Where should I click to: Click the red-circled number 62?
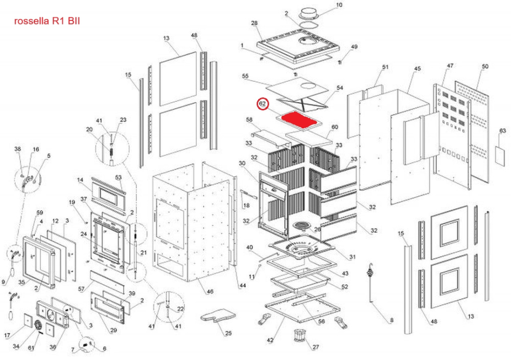click(x=262, y=104)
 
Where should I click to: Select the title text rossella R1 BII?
click(x=47, y=21)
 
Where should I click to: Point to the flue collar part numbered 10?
click(x=310, y=13)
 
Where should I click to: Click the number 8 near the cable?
click(x=392, y=321)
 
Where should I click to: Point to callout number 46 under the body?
click(x=209, y=291)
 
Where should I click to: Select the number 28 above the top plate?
click(x=254, y=23)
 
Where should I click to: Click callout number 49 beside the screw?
click(x=354, y=48)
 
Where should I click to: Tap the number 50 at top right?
click(x=485, y=66)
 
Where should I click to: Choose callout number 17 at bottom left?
click(x=8, y=335)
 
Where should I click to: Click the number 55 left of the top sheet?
click(x=245, y=76)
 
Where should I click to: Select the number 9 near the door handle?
click(x=4, y=281)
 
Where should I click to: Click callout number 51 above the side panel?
click(x=385, y=67)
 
